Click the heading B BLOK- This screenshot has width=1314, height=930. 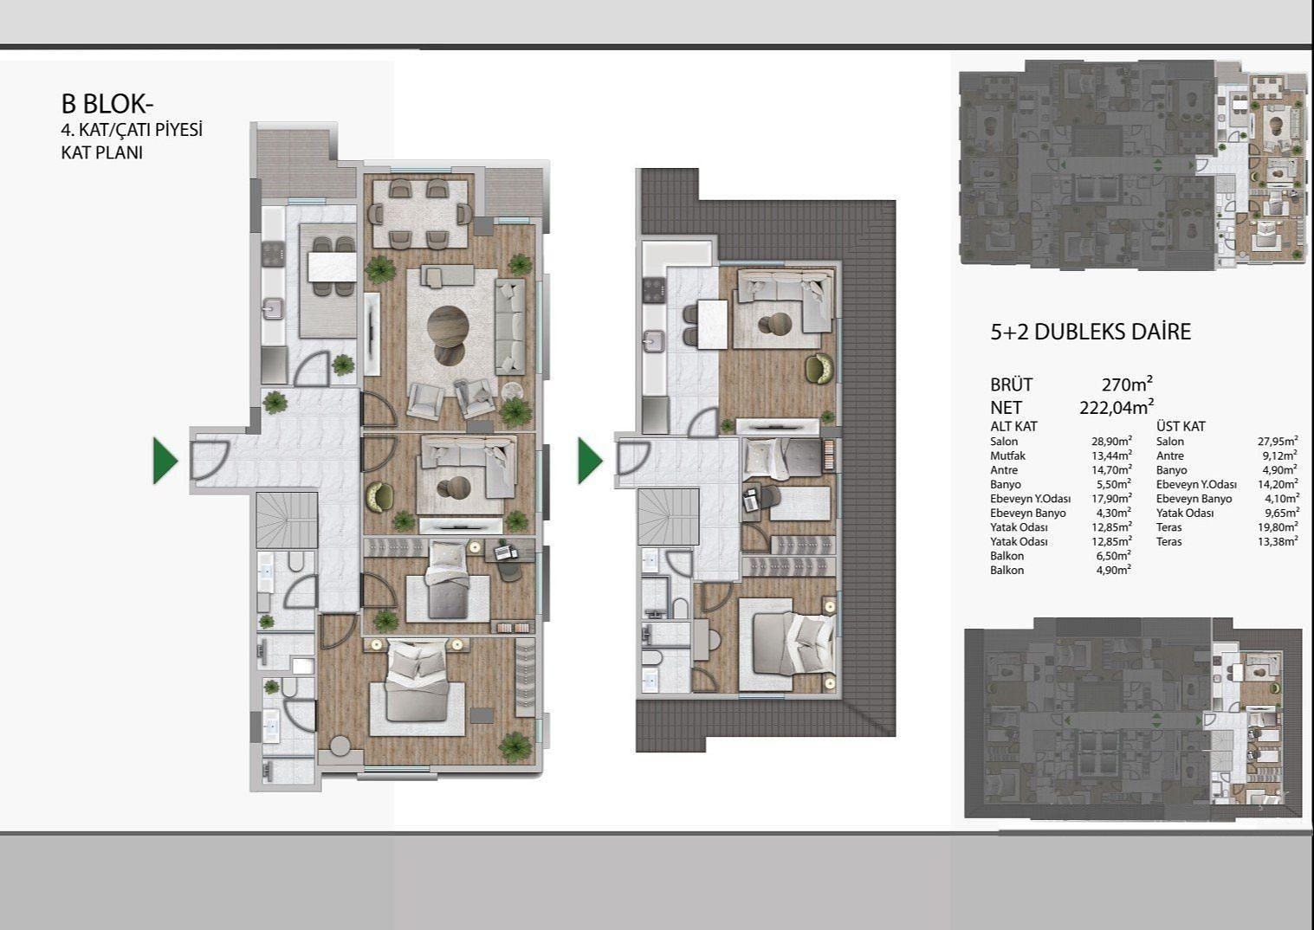tap(107, 104)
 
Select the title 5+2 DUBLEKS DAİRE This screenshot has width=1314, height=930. tap(1091, 332)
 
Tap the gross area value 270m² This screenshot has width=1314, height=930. tap(1127, 384)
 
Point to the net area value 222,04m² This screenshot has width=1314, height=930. tap(1117, 407)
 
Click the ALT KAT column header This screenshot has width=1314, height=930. tap(1013, 426)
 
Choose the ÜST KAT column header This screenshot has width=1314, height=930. tap(1181, 426)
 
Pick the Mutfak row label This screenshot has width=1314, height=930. tap(1007, 455)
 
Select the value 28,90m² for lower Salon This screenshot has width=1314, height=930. tap(1111, 441)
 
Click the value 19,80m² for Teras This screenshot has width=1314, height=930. tap(1278, 527)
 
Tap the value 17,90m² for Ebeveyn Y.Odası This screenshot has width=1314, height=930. tap(1111, 499)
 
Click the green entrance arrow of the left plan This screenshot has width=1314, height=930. tap(165, 461)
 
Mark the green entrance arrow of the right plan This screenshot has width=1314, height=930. tap(590, 461)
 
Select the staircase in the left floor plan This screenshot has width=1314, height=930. tap(287, 520)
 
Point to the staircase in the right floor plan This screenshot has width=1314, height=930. tap(669, 517)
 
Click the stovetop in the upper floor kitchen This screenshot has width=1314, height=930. tap(654, 290)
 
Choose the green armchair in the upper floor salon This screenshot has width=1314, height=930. tap(819, 369)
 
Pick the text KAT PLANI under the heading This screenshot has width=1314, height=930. tap(102, 153)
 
